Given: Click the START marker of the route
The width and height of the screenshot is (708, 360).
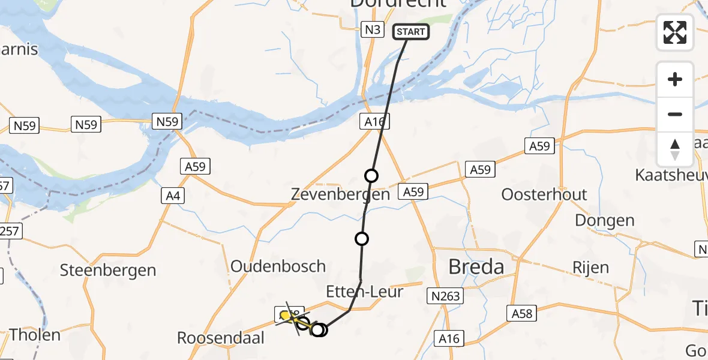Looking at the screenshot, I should pyautogui.click(x=411, y=32).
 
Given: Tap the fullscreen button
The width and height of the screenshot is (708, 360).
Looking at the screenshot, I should pyautogui.click(x=675, y=32).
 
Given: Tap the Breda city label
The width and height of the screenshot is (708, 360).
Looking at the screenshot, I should pyautogui.click(x=476, y=266).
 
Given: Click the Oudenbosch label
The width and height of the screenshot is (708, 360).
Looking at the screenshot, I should pyautogui.click(x=278, y=266).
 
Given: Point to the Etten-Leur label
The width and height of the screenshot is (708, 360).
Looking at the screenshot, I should pyautogui.click(x=364, y=292).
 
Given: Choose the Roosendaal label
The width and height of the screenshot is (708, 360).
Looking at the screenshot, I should pyautogui.click(x=221, y=338).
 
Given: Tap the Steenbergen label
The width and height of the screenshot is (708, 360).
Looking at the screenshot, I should pyautogui.click(x=108, y=270).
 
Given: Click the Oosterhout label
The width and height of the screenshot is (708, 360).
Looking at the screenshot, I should pyautogui.click(x=544, y=194).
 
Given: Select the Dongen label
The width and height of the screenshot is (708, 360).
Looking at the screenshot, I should pyautogui.click(x=604, y=220).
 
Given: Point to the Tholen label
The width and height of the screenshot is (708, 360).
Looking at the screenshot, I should pyautogui.click(x=35, y=335).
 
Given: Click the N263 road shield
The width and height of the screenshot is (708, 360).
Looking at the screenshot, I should pyautogui.click(x=445, y=295).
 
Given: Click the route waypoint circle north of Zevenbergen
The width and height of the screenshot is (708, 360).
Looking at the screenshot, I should pyautogui.click(x=371, y=176).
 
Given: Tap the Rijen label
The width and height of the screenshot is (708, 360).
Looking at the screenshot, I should pyautogui.click(x=590, y=267).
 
